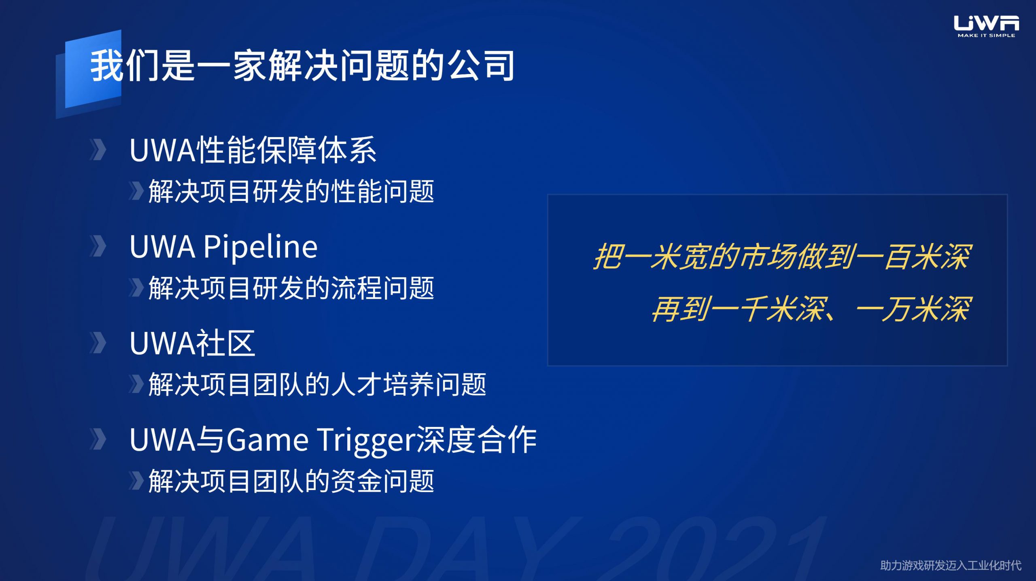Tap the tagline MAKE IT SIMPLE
click(x=986, y=36)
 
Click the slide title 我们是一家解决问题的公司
click(x=302, y=65)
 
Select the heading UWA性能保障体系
click(x=253, y=150)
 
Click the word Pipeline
click(x=260, y=247)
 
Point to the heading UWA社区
click(x=192, y=343)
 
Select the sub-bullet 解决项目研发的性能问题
click(x=291, y=191)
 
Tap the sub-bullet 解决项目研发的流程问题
click(x=291, y=288)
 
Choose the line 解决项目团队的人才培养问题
click(x=317, y=384)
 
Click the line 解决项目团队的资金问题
click(x=291, y=481)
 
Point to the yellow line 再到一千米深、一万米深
click(x=812, y=309)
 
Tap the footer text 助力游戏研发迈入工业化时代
click(x=951, y=565)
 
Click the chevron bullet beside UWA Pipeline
click(x=98, y=246)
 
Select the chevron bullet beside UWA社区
click(x=98, y=343)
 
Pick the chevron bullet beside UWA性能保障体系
click(x=98, y=150)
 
